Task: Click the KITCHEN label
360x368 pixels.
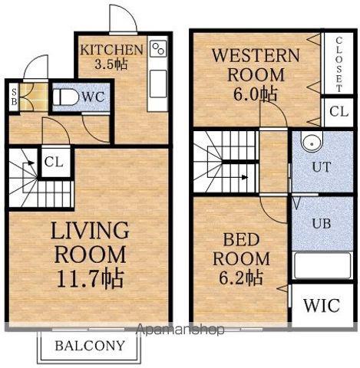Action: pos(111,50)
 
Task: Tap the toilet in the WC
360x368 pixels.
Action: pos(66,97)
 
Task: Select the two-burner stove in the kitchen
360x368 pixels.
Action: pos(158,49)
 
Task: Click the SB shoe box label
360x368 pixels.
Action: pos(14,97)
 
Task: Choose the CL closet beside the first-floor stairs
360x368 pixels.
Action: pos(54,162)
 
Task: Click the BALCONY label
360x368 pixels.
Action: pos(90,346)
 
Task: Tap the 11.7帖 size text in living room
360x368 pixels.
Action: pos(91,278)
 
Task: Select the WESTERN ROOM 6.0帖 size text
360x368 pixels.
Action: pos(255,94)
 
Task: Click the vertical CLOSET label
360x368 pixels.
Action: pos(339,64)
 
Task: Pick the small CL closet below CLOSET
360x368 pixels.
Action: pos(339,111)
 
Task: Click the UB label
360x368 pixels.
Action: pos(322,223)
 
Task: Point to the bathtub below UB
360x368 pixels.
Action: pos(322,266)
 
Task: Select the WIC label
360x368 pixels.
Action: pos(322,305)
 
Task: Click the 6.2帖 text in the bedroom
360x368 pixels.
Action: pos(240,278)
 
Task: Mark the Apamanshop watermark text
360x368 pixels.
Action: pos(180,330)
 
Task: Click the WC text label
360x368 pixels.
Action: pos(93,97)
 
